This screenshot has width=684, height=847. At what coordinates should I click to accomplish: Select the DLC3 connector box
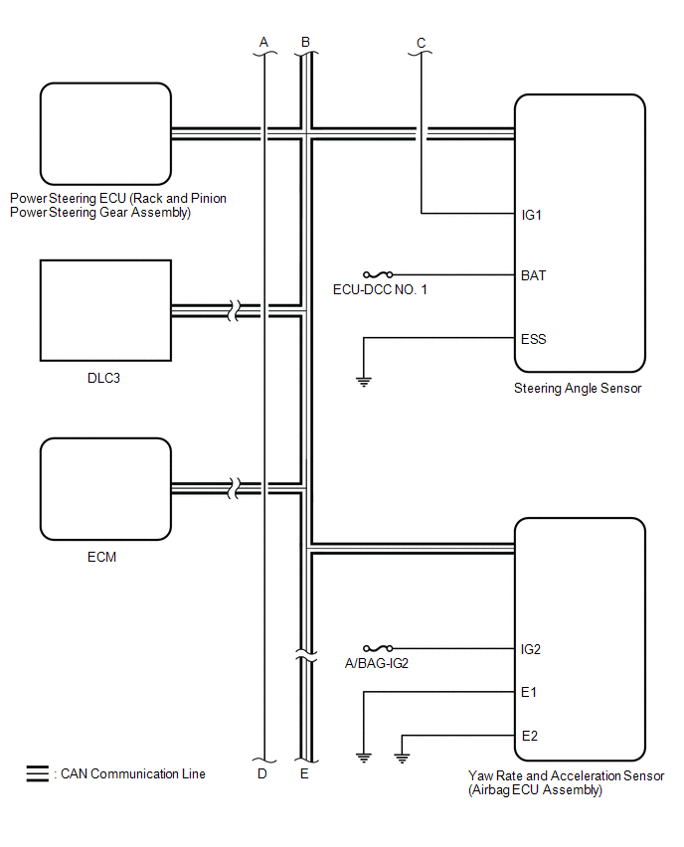pyautogui.click(x=105, y=311)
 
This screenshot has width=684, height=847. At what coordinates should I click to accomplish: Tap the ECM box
pyautogui.click(x=105, y=488)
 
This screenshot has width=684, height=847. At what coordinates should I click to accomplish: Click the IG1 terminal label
pyautogui.click(x=532, y=214)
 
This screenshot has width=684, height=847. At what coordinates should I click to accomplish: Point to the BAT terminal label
pyautogui.click(x=533, y=275)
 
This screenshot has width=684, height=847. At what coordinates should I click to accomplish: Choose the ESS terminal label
pyautogui.click(x=533, y=339)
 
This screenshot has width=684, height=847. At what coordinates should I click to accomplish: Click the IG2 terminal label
pyautogui.click(x=532, y=649)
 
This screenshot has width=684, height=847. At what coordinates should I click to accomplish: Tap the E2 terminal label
pyautogui.click(x=529, y=736)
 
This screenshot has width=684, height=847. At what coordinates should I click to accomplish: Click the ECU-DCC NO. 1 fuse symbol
pyautogui.click(x=378, y=274)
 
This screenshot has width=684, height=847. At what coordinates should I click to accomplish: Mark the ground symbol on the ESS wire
pyautogui.click(x=364, y=379)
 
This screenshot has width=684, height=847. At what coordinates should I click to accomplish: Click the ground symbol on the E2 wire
pyautogui.click(x=402, y=759)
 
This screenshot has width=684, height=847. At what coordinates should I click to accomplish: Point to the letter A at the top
pyautogui.click(x=263, y=43)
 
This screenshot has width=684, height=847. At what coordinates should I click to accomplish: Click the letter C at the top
pyautogui.click(x=421, y=43)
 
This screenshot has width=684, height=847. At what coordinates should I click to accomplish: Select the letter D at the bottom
pyautogui.click(x=262, y=773)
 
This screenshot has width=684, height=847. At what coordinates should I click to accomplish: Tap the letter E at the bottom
pyautogui.click(x=305, y=773)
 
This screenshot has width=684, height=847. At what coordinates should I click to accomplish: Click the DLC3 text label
pyautogui.click(x=104, y=379)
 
